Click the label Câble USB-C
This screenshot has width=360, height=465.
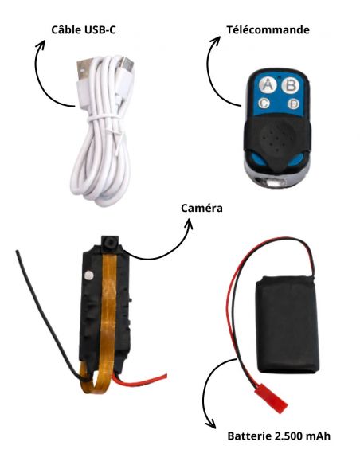(x=84, y=30)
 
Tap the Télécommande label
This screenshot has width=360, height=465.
(x=268, y=30)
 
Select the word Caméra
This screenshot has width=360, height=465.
(x=202, y=208)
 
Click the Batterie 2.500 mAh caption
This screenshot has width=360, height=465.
(x=279, y=436)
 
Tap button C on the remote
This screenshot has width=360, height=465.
(x=264, y=104)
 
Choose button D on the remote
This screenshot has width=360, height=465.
(x=293, y=104)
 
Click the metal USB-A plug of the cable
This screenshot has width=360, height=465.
(x=83, y=68)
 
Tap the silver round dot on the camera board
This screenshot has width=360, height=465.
(x=88, y=275)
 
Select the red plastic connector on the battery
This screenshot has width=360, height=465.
(x=271, y=398)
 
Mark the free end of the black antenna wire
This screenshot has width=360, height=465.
(x=18, y=252)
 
